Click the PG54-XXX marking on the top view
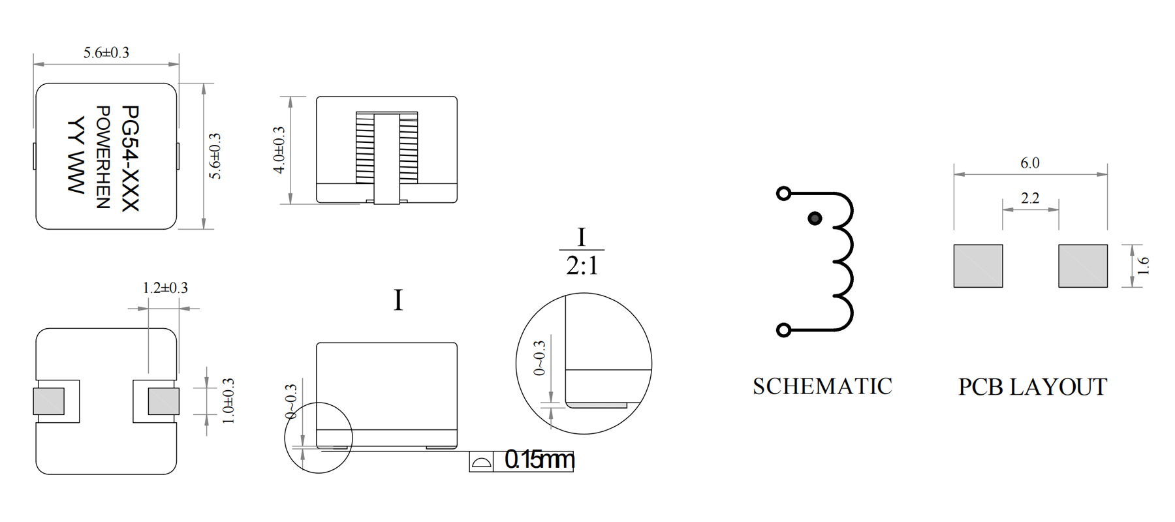(x=131, y=159)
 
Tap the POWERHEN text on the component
(x=103, y=157)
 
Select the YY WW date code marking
(x=76, y=155)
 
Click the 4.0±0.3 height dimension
(x=279, y=150)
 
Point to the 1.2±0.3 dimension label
(x=165, y=288)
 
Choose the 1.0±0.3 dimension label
(x=228, y=401)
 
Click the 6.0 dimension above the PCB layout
(x=1030, y=163)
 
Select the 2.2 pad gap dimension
(x=1030, y=198)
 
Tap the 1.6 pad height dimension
(x=1142, y=266)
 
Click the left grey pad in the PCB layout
(x=978, y=266)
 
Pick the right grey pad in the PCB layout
(x=1083, y=266)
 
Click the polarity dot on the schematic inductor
(x=815, y=219)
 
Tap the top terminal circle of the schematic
(x=784, y=193)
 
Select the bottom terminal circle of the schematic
(x=784, y=330)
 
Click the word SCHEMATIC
(x=822, y=386)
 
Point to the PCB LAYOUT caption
(x=1033, y=387)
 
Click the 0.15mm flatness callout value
(x=539, y=460)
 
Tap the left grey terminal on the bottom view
(x=49, y=401)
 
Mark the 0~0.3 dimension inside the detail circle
(x=539, y=358)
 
